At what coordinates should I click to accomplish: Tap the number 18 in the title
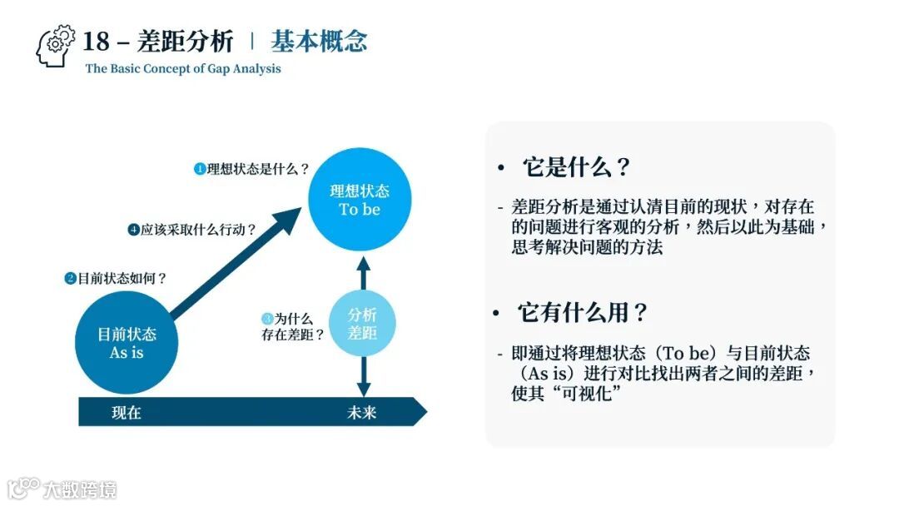click(97, 42)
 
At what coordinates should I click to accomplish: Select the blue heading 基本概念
click(319, 42)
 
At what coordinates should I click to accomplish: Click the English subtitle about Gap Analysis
click(183, 69)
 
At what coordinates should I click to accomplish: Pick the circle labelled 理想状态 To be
click(360, 201)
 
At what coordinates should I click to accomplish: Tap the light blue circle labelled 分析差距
click(362, 324)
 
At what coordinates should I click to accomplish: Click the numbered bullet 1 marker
click(200, 169)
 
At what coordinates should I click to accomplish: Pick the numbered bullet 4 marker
click(133, 230)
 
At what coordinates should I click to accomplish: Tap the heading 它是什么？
click(576, 167)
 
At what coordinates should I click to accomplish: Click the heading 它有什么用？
click(583, 313)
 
